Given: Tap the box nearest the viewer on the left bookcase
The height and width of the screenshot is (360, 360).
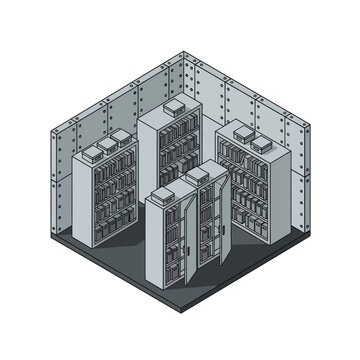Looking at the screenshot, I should point(94,152).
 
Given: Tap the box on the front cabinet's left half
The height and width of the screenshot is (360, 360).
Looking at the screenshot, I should point(168,186).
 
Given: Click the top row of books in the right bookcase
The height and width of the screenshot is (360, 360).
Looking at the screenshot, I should point(239,151).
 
